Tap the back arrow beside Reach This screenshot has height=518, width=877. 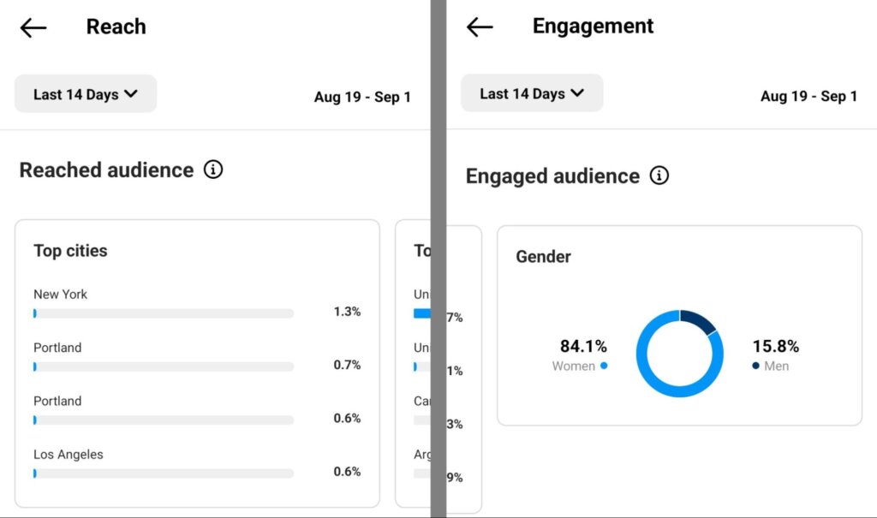click(33, 27)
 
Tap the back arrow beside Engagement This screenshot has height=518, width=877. click(480, 27)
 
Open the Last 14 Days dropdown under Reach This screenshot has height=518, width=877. click(86, 94)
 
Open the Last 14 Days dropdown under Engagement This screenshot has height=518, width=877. click(532, 93)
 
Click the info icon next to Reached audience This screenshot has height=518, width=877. click(213, 170)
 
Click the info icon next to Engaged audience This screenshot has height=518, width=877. click(659, 176)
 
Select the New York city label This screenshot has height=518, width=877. click(60, 295)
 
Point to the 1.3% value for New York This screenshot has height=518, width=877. click(347, 312)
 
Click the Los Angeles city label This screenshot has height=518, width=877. click(68, 455)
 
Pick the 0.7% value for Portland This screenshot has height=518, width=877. click(347, 365)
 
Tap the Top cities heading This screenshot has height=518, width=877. click(70, 251)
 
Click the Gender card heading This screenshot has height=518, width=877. click(543, 256)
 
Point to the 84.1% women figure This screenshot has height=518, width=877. click(583, 346)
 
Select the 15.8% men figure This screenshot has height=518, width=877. click(775, 346)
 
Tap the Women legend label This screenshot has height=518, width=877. click(574, 366)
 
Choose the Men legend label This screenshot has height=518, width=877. click(777, 366)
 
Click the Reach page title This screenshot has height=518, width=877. click(116, 27)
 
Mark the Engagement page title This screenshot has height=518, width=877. click(593, 27)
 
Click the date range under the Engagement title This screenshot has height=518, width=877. click(808, 96)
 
